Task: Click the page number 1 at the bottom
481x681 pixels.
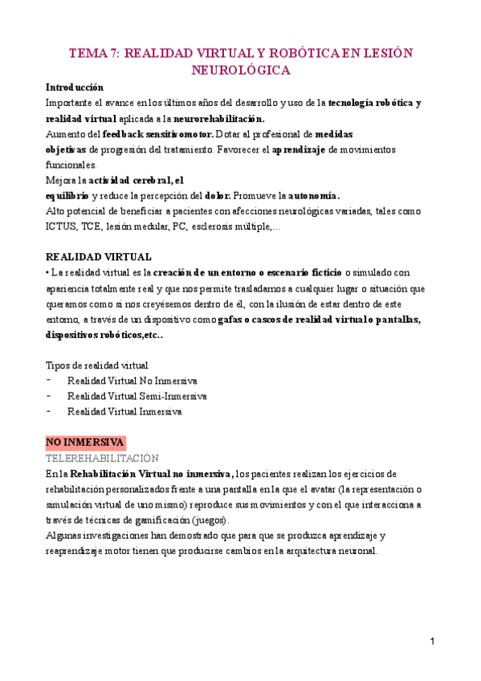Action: [432, 642]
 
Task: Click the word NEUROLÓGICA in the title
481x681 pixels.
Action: [240, 71]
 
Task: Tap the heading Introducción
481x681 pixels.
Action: [74, 87]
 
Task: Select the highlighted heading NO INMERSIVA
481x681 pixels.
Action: [84, 442]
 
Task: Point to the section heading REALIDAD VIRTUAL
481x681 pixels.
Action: [99, 257]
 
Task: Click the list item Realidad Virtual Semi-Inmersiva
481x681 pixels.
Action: [137, 396]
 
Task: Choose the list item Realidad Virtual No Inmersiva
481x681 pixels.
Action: [132, 381]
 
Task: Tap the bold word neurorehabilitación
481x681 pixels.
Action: [218, 117]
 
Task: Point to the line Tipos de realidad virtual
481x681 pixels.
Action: [96, 365]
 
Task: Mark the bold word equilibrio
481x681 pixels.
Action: [67, 195]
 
